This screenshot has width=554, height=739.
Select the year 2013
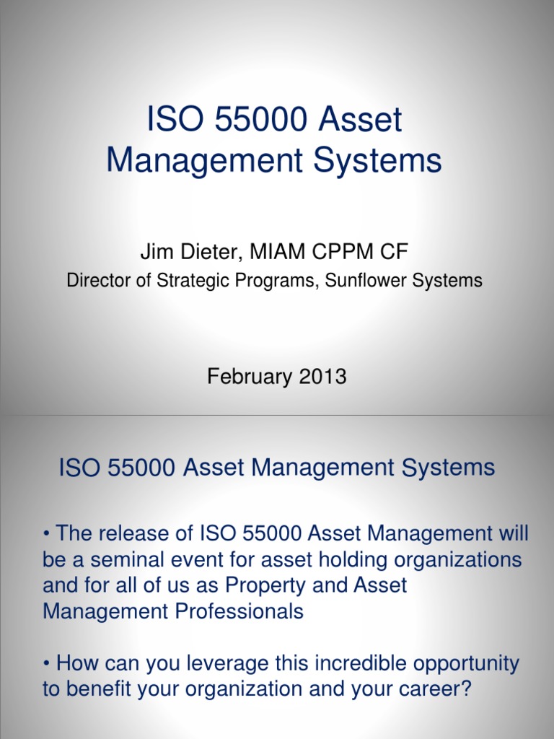[x=320, y=376]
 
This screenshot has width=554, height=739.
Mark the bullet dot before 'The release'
[x=46, y=535]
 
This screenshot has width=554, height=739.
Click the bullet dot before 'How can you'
[x=46, y=664]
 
